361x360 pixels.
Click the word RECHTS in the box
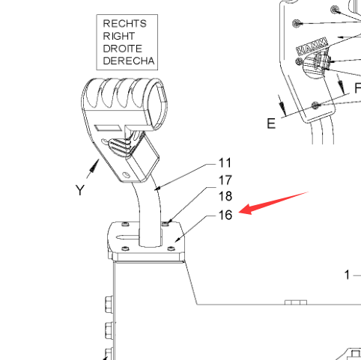click(x=124, y=24)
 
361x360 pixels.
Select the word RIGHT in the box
click(x=119, y=36)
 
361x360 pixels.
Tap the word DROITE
click(x=123, y=49)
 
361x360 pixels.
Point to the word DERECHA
click(x=129, y=61)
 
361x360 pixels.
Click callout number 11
click(x=225, y=163)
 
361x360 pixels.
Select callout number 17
click(x=225, y=180)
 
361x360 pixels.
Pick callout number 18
click(x=225, y=196)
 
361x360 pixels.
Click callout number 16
click(x=225, y=215)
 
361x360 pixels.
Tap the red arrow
click(x=273, y=203)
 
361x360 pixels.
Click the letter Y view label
click(x=80, y=190)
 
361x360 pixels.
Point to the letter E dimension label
click(x=271, y=123)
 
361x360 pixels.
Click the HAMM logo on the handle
click(x=312, y=46)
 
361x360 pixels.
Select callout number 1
click(x=347, y=275)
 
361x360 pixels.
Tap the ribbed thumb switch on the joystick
click(x=119, y=146)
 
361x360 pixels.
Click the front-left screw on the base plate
click(x=125, y=248)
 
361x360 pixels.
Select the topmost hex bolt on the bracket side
click(x=109, y=304)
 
